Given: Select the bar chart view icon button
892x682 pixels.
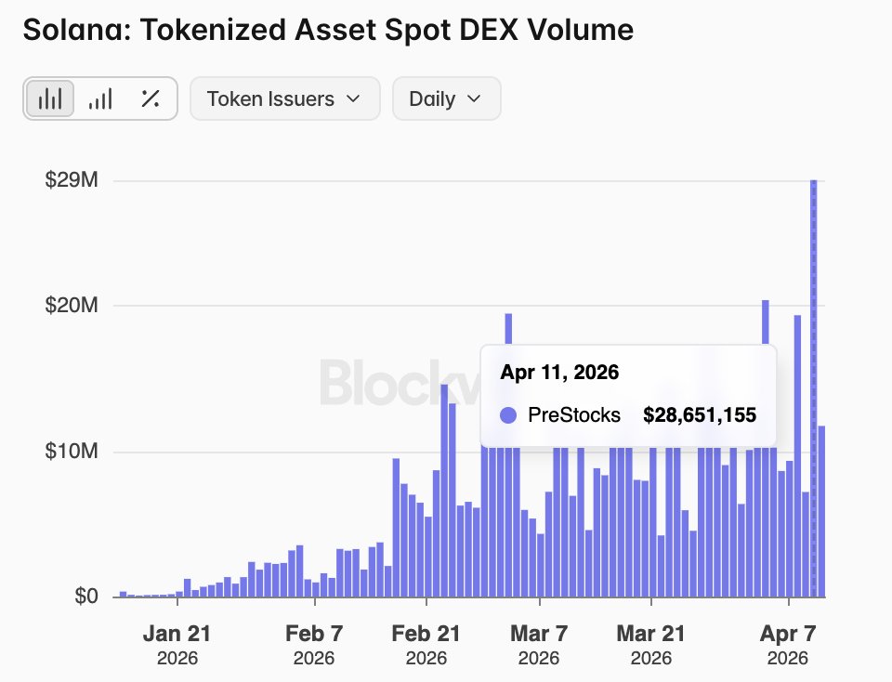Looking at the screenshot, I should [50, 98].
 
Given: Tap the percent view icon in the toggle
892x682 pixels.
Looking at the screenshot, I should [150, 98].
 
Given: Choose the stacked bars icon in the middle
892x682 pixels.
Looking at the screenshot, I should [100, 98].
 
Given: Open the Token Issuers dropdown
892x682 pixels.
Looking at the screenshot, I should [284, 98].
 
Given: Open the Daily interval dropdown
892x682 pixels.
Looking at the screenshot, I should [446, 98].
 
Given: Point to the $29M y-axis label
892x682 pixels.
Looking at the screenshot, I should [72, 180].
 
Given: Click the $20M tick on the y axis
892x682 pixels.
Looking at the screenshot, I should [72, 306].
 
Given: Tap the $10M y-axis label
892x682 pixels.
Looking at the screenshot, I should [72, 452].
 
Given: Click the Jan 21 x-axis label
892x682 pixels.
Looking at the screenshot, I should [177, 635].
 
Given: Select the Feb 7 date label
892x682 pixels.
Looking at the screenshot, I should [314, 635].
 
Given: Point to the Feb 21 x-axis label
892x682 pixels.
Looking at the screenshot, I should [426, 635].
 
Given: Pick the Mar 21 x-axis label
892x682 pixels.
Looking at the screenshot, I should [650, 635].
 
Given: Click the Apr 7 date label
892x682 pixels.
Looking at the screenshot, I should [787, 635].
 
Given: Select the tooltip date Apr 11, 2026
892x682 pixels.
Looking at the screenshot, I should [559, 373].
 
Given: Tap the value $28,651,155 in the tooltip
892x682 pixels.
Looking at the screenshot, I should [699, 415].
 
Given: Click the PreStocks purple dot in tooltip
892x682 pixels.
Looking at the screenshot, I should [507, 415].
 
